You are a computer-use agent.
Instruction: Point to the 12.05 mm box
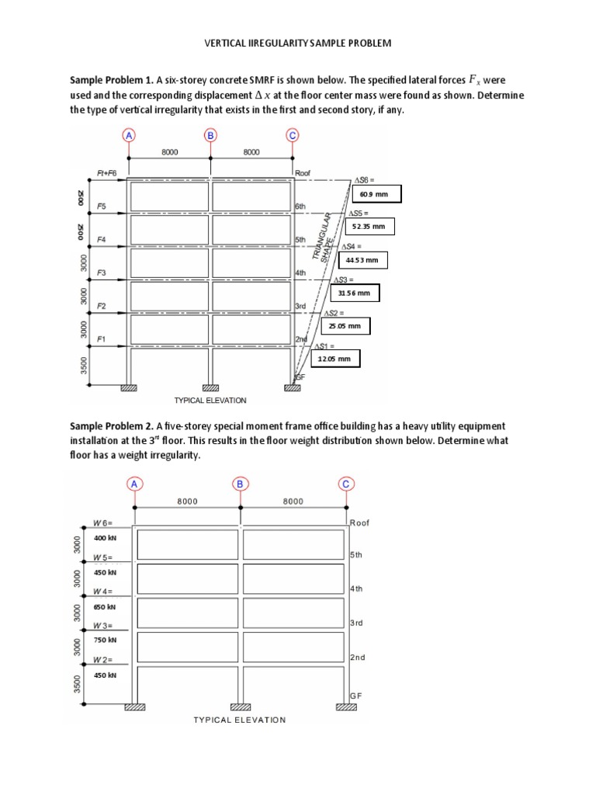click(x=335, y=359)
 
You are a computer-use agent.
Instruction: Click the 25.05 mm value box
click(x=345, y=326)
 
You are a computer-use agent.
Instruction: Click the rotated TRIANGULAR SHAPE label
click(x=326, y=237)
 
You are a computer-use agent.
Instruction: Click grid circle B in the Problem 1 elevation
click(x=210, y=134)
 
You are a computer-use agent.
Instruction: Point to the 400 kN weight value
click(x=105, y=538)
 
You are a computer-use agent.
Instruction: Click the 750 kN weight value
click(x=105, y=641)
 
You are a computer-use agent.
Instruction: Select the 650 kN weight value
click(x=105, y=606)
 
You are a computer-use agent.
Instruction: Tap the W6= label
click(x=103, y=523)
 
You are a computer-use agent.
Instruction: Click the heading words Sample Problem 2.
click(x=112, y=426)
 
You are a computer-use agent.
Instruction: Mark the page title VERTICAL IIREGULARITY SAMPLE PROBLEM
click(x=298, y=43)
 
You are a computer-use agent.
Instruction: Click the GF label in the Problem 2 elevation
click(x=355, y=696)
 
